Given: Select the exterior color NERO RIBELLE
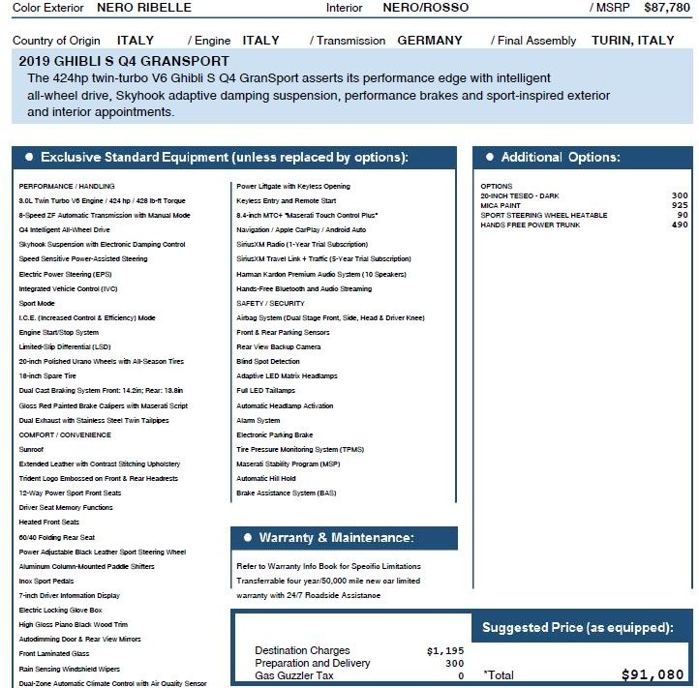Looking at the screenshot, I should coord(144,8).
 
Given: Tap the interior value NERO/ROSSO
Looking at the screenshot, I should coord(425,8).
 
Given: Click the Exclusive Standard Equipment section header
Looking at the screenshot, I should coord(223,158).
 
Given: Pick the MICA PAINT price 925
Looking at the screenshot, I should coord(680,205).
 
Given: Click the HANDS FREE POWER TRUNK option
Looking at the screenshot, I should coord(531,224).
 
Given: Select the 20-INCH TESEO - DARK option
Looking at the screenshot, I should coord(519,195).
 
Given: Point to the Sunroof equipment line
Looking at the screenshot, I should coord(31,449).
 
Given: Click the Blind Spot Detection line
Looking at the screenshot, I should coord(268,362).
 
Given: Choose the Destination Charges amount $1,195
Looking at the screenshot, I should coord(445,651).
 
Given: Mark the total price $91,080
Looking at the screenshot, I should coord(653,675).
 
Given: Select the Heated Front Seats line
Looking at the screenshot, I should coord(49,522).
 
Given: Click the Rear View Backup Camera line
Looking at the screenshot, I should coord(279,347).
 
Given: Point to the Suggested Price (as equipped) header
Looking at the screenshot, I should coord(578,628).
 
